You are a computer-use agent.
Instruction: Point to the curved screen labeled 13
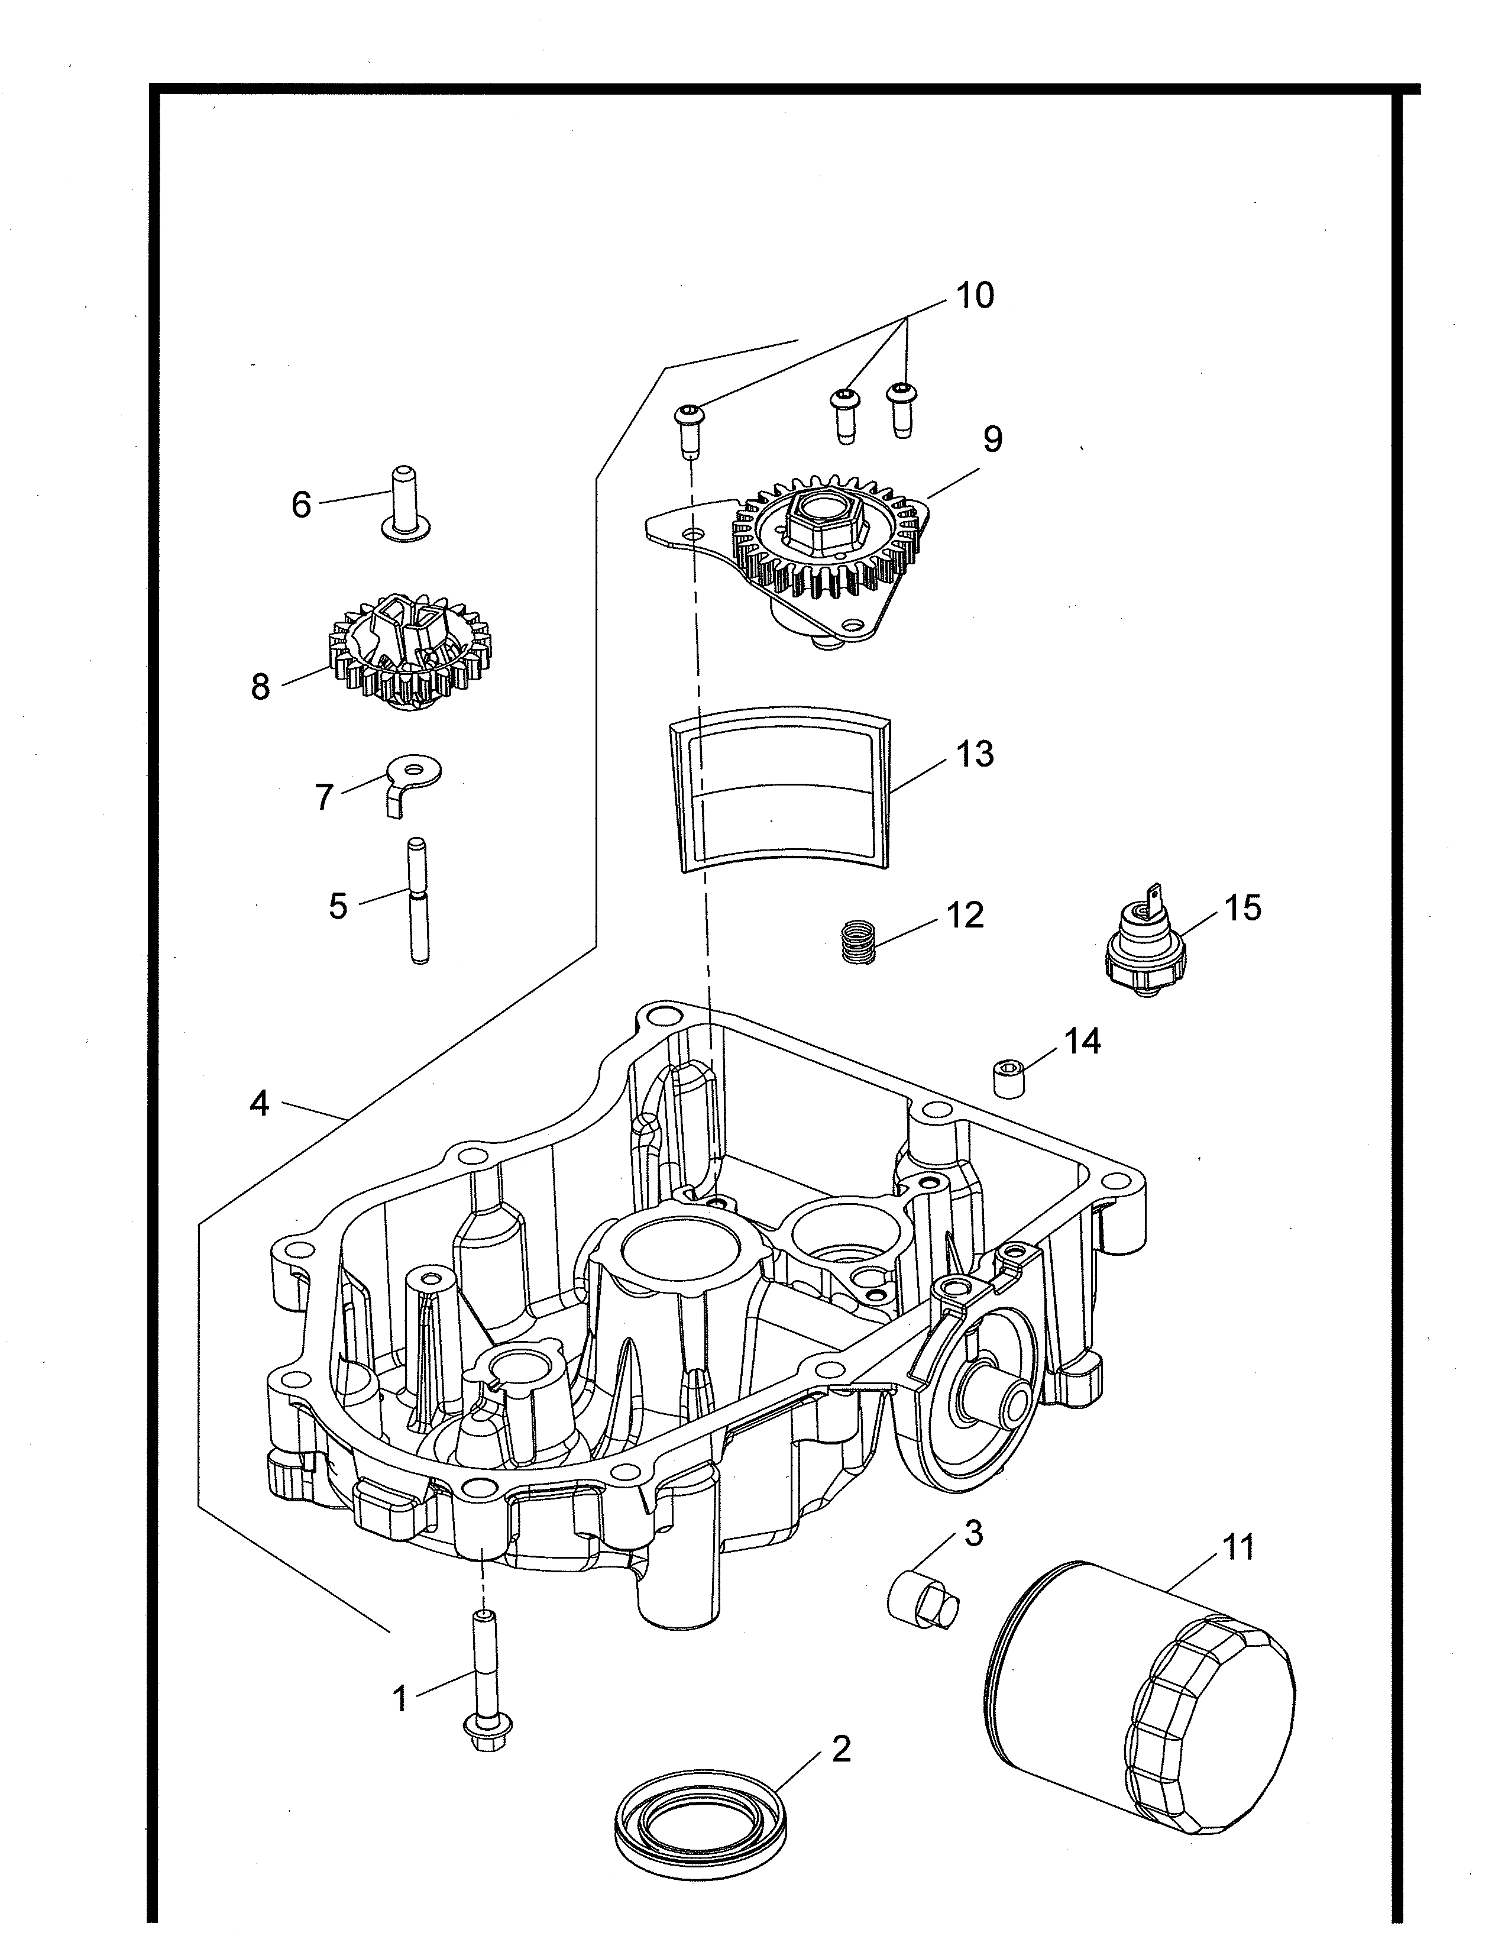point(780,787)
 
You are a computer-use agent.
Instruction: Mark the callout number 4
point(259,1104)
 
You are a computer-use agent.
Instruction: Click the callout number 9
point(992,439)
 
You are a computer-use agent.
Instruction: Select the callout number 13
point(976,754)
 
